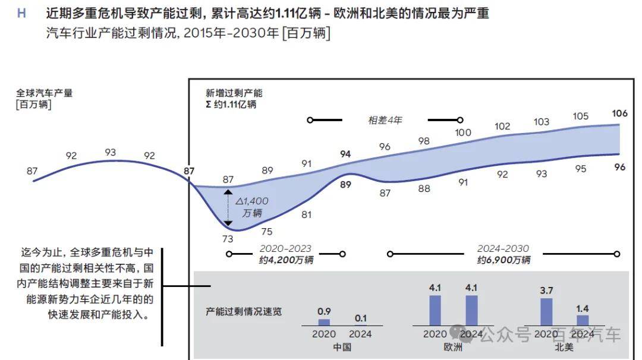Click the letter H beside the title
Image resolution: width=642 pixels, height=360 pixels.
tap(21, 13)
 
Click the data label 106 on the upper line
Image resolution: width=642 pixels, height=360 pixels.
tap(619, 113)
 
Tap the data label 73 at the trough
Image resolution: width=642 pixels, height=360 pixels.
tap(228, 239)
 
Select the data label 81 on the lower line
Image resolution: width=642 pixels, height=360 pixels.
tap(306, 214)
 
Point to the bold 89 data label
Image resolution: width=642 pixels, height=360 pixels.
tap(345, 184)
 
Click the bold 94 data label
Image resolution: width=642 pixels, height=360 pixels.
tap(345, 154)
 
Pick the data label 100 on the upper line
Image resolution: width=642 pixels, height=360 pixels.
tap(463, 132)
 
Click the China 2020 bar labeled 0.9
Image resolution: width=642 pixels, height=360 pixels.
tap(324, 322)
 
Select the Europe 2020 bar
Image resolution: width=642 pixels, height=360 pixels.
tap(435, 310)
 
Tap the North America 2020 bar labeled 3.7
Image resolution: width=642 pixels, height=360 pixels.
tap(546, 311)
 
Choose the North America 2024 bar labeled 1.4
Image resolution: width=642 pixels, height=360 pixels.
tap(583, 320)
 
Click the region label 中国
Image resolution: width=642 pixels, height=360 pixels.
tap(342, 348)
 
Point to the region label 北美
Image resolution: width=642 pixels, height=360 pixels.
tap(564, 348)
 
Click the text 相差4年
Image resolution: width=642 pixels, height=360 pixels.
tap(385, 120)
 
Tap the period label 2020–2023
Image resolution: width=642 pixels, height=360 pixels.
tap(285, 249)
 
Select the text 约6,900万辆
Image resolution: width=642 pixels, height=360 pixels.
tap(503, 260)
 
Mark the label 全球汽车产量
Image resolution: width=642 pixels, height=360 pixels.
tap(45, 93)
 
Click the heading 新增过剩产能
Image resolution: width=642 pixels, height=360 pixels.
tap(234, 93)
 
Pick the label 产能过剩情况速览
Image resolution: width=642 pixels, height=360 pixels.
tap(244, 311)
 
